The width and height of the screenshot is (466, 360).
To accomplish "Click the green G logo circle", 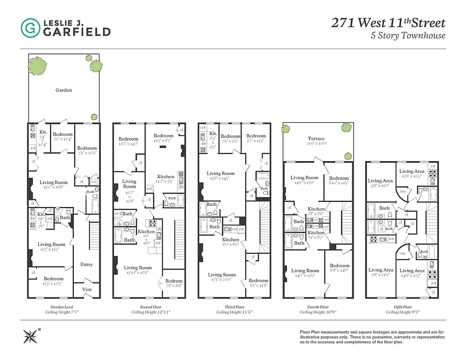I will pyautogui.click(x=30, y=27).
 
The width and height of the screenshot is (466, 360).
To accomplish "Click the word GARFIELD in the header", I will pyautogui.click(x=76, y=31).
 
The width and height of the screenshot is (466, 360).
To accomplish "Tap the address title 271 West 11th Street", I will pyautogui.click(x=388, y=23).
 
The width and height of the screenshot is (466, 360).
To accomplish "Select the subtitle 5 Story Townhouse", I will pyautogui.click(x=408, y=36).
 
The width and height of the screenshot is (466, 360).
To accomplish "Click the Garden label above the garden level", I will pyautogui.click(x=63, y=90).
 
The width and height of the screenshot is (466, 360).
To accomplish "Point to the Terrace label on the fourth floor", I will pyautogui.click(x=316, y=139).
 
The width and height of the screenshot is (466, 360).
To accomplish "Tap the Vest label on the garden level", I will pyautogui.click(x=87, y=289).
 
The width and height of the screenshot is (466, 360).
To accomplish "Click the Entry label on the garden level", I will pyautogui.click(x=86, y=265).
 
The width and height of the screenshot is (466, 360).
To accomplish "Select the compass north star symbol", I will pyautogui.click(x=31, y=336).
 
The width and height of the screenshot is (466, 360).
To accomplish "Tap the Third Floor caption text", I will pyautogui.click(x=234, y=307).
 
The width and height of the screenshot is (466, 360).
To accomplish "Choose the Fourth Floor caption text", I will pyautogui.click(x=318, y=307).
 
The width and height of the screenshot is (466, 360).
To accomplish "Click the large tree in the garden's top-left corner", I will pyautogui.click(x=37, y=65).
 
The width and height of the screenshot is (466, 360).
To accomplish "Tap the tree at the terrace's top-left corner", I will pyautogui.click(x=286, y=129).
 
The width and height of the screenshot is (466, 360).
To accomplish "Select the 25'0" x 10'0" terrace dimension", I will pyautogui.click(x=316, y=144).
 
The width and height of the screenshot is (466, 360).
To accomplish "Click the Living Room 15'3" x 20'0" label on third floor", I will pyautogui.click(x=221, y=277).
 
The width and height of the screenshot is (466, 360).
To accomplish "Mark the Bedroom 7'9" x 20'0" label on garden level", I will pyautogui.click(x=86, y=151).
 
